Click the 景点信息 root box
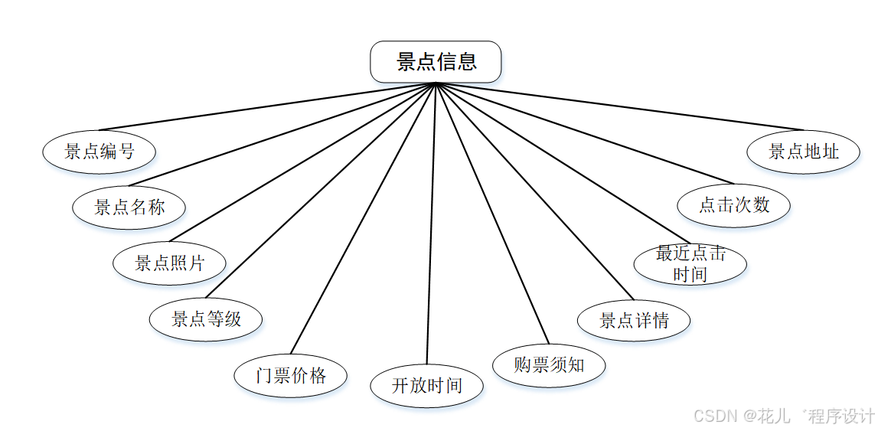coord(436,62)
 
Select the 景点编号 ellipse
coord(100,151)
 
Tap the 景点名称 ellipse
coord(129,207)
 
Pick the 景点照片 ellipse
coord(170,263)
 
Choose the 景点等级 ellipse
coord(206,318)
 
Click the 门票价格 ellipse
coord(291,375)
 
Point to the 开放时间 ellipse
coord(427,385)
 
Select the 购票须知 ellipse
coord(549,365)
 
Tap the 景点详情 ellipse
coord(634,320)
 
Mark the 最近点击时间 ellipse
coord(690,264)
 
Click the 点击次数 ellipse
coord(734,205)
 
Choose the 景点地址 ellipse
coord(804,152)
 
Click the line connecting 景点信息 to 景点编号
coord(268,106)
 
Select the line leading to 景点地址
coord(620,106)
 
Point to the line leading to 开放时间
coord(432,222)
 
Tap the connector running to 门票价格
coord(363,218)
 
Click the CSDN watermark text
coord(783,416)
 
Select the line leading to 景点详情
coord(534,191)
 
